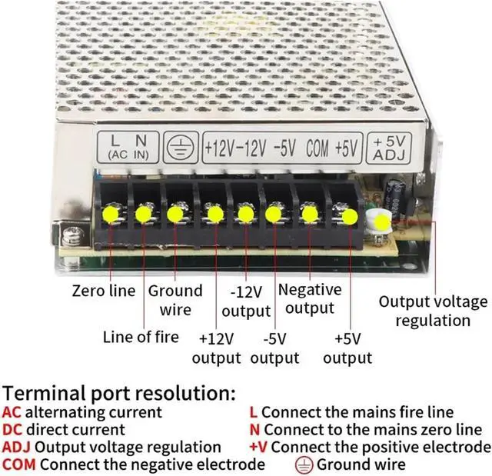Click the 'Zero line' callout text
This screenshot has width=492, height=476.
click(x=104, y=291)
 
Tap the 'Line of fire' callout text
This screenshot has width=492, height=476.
click(x=141, y=337)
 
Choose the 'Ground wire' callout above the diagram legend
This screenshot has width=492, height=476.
click(x=175, y=300)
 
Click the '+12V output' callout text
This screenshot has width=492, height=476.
click(x=216, y=348)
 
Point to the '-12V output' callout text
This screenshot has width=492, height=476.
click(x=246, y=301)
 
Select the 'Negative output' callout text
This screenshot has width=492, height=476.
click(x=309, y=298)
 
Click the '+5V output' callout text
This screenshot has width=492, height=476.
click(x=347, y=348)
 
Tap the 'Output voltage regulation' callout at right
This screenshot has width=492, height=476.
click(x=433, y=311)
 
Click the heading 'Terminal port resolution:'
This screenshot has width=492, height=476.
click(x=118, y=394)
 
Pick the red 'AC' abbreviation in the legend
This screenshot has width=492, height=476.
click(x=12, y=413)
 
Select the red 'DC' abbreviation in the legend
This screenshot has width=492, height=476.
click(x=12, y=430)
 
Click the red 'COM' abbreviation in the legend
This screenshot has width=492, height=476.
click(x=19, y=464)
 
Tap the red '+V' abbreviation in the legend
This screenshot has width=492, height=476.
click(x=258, y=448)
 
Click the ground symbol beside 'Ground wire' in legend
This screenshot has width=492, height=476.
click(x=304, y=464)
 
